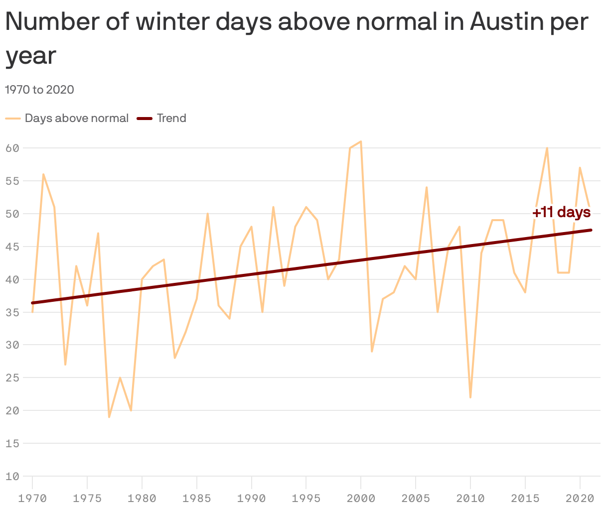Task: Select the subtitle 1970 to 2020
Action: point(39,90)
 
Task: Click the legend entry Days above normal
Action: point(76,119)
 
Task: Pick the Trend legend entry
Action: point(171,119)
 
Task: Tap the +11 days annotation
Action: point(561,213)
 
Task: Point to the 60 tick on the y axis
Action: point(12,148)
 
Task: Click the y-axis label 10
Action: point(12,476)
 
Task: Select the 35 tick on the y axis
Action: point(12,312)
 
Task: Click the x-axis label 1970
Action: point(32,498)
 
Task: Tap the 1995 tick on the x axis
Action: point(306,498)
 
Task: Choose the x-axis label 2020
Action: point(580,498)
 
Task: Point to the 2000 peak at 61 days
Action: point(361,141)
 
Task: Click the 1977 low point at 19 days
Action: point(109,417)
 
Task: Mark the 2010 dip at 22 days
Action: point(470,397)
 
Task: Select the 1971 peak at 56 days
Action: point(43,174)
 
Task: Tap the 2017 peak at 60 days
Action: point(547,148)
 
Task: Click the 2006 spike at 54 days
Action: point(427,187)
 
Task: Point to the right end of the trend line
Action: point(591,230)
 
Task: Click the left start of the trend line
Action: point(32,303)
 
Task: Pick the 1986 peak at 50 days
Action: point(207,214)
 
